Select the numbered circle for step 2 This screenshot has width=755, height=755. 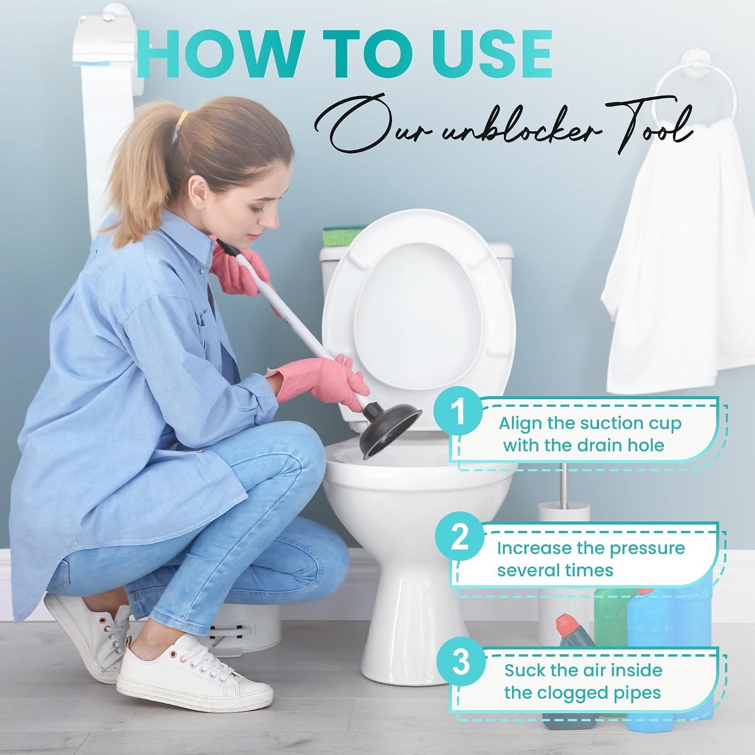tap(460, 538)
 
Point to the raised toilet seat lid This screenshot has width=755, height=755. tap(418, 322)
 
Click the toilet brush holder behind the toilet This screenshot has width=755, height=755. tap(564, 569)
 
